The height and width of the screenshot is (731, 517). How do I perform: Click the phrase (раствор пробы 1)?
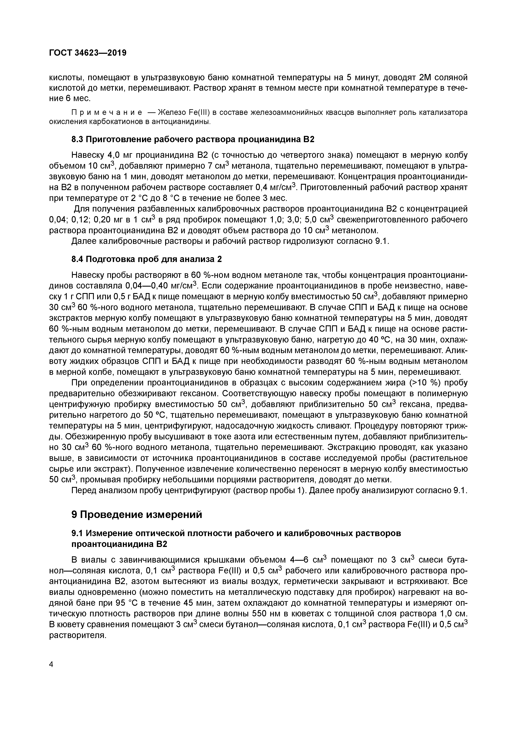pos(269,491)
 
